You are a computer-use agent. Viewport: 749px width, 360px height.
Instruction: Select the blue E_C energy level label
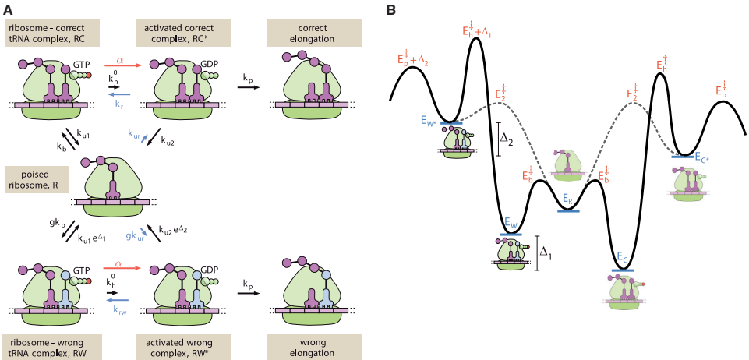[622, 258]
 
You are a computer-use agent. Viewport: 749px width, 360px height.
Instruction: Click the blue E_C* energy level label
[700, 159]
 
